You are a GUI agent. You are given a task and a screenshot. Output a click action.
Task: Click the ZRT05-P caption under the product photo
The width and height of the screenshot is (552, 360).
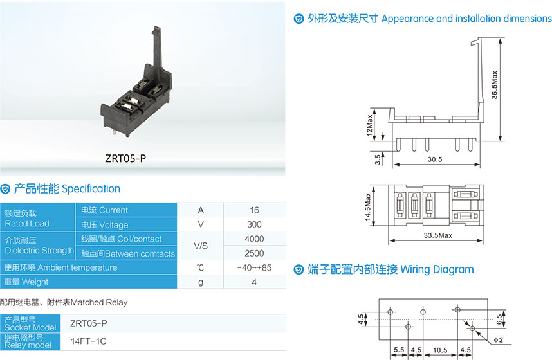pyautogui.click(x=125, y=158)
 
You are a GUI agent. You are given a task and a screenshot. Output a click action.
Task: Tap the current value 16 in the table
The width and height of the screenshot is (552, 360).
pyautogui.click(x=254, y=210)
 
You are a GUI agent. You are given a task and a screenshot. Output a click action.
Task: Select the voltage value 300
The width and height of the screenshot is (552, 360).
pyautogui.click(x=254, y=224)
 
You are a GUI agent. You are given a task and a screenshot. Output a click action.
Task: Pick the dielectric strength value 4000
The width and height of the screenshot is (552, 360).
pyautogui.click(x=254, y=239)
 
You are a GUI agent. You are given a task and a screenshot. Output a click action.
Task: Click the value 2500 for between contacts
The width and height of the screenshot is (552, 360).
pyautogui.click(x=254, y=253)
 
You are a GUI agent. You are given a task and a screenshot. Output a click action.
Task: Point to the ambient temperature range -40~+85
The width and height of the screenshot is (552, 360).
pyautogui.click(x=254, y=268)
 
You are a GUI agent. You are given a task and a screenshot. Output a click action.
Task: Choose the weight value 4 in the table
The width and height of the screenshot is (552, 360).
pyautogui.click(x=254, y=282)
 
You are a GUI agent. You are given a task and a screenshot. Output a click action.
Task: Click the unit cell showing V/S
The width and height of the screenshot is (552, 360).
pyautogui.click(x=201, y=246)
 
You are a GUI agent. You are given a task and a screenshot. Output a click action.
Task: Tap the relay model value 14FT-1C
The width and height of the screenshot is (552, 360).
pyautogui.click(x=88, y=341)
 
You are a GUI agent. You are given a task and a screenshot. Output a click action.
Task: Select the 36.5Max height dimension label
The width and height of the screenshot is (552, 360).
pyautogui.click(x=495, y=85)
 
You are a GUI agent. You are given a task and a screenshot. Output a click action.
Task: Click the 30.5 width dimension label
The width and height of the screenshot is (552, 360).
pyautogui.click(x=435, y=159)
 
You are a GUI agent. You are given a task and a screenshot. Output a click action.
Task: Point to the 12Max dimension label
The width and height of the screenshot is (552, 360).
pyautogui.click(x=369, y=125)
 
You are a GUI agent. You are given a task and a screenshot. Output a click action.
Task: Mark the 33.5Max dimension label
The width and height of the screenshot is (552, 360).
pyautogui.click(x=437, y=235)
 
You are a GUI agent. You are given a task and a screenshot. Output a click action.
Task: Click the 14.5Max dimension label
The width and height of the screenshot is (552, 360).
pyautogui.click(x=368, y=207)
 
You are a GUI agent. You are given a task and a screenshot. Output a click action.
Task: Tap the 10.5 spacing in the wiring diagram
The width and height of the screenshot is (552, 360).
pyautogui.click(x=439, y=350)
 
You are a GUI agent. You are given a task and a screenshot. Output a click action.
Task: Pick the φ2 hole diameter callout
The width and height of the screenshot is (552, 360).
pyautogui.click(x=498, y=340)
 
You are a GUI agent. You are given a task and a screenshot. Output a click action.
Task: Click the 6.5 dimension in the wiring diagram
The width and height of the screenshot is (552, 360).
pyautogui.click(x=499, y=319)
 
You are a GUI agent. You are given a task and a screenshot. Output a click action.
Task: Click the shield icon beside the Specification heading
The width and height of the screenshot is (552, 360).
pyautogui.click(x=5, y=189)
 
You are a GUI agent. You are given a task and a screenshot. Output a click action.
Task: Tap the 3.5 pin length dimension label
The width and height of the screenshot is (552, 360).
pyautogui.click(x=378, y=159)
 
